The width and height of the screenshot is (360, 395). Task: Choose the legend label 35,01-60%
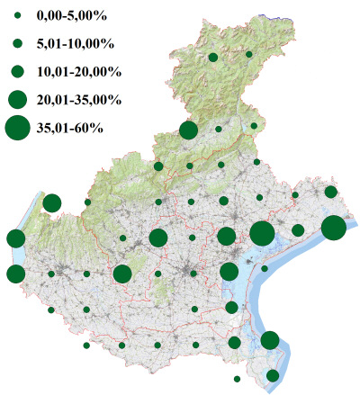click(70, 128)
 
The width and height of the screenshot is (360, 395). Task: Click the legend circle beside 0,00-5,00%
click(17, 15)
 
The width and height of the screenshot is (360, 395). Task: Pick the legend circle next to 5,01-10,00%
click(17, 42)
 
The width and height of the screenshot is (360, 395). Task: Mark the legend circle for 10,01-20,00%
click(17, 70)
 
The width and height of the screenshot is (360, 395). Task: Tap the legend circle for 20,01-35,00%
click(17, 98)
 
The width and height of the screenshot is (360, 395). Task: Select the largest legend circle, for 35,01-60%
click(17, 128)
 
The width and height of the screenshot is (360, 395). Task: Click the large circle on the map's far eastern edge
click(333, 228)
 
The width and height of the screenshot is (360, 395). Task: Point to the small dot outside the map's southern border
click(237, 379)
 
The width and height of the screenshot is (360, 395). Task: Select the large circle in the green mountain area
click(188, 130)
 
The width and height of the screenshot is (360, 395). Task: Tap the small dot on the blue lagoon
click(265, 268)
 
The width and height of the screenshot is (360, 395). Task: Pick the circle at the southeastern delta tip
click(273, 375)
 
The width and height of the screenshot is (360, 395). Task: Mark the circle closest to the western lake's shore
click(51, 202)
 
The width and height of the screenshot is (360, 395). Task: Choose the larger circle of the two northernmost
click(212, 58)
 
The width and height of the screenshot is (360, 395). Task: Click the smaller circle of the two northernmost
click(249, 55)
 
